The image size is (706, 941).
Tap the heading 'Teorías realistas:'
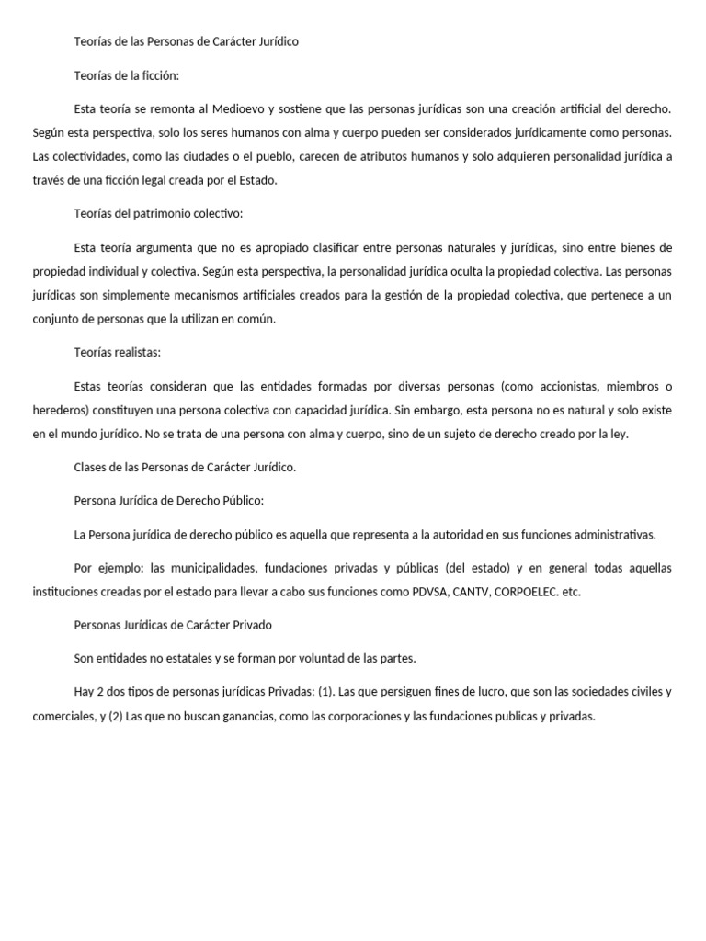click(118, 351)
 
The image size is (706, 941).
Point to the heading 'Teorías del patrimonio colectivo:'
click(158, 213)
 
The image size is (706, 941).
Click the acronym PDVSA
click(426, 592)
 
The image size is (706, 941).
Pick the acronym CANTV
click(470, 592)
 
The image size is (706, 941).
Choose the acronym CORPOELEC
click(525, 592)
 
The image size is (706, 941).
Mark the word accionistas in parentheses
click(571, 385)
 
